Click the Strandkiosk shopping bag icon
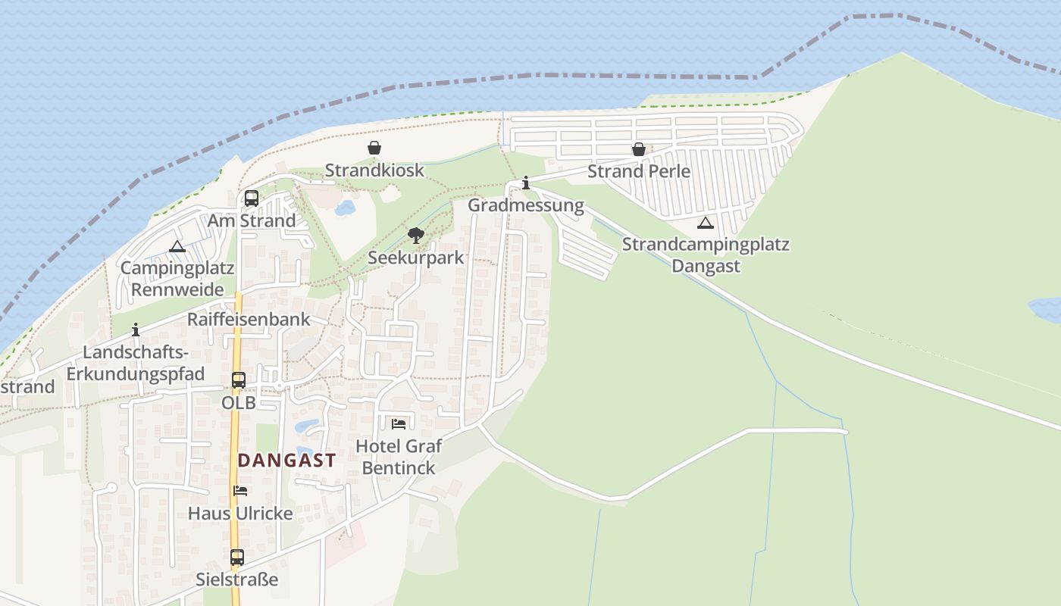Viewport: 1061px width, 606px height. pos(374,148)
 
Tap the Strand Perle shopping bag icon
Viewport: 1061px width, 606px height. pos(639,149)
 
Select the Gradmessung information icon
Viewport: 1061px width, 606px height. pos(526,183)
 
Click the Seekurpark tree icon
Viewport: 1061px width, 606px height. pos(415,236)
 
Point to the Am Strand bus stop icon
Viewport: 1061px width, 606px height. pos(252,198)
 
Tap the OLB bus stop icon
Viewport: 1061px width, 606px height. pos(239,380)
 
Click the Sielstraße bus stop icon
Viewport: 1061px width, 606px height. pos(237,558)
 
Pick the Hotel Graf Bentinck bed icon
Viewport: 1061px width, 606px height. pos(399,423)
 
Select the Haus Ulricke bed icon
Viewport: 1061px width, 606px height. pos(240,491)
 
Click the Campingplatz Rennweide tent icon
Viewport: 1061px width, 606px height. pos(177,246)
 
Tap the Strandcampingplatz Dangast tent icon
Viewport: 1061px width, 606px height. pos(706,223)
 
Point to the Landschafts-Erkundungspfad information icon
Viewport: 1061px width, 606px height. pos(136,330)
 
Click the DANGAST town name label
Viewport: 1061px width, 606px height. pos(286,461)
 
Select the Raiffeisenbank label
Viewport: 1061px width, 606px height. pos(249,319)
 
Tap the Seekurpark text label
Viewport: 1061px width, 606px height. pos(415,258)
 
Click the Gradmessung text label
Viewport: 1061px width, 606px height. pos(526,205)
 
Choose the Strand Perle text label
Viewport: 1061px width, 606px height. pos(639,171)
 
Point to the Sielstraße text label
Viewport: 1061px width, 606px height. pos(237,579)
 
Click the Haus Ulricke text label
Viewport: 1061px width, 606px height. pos(240,513)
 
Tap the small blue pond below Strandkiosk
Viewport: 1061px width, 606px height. pos(345,208)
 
